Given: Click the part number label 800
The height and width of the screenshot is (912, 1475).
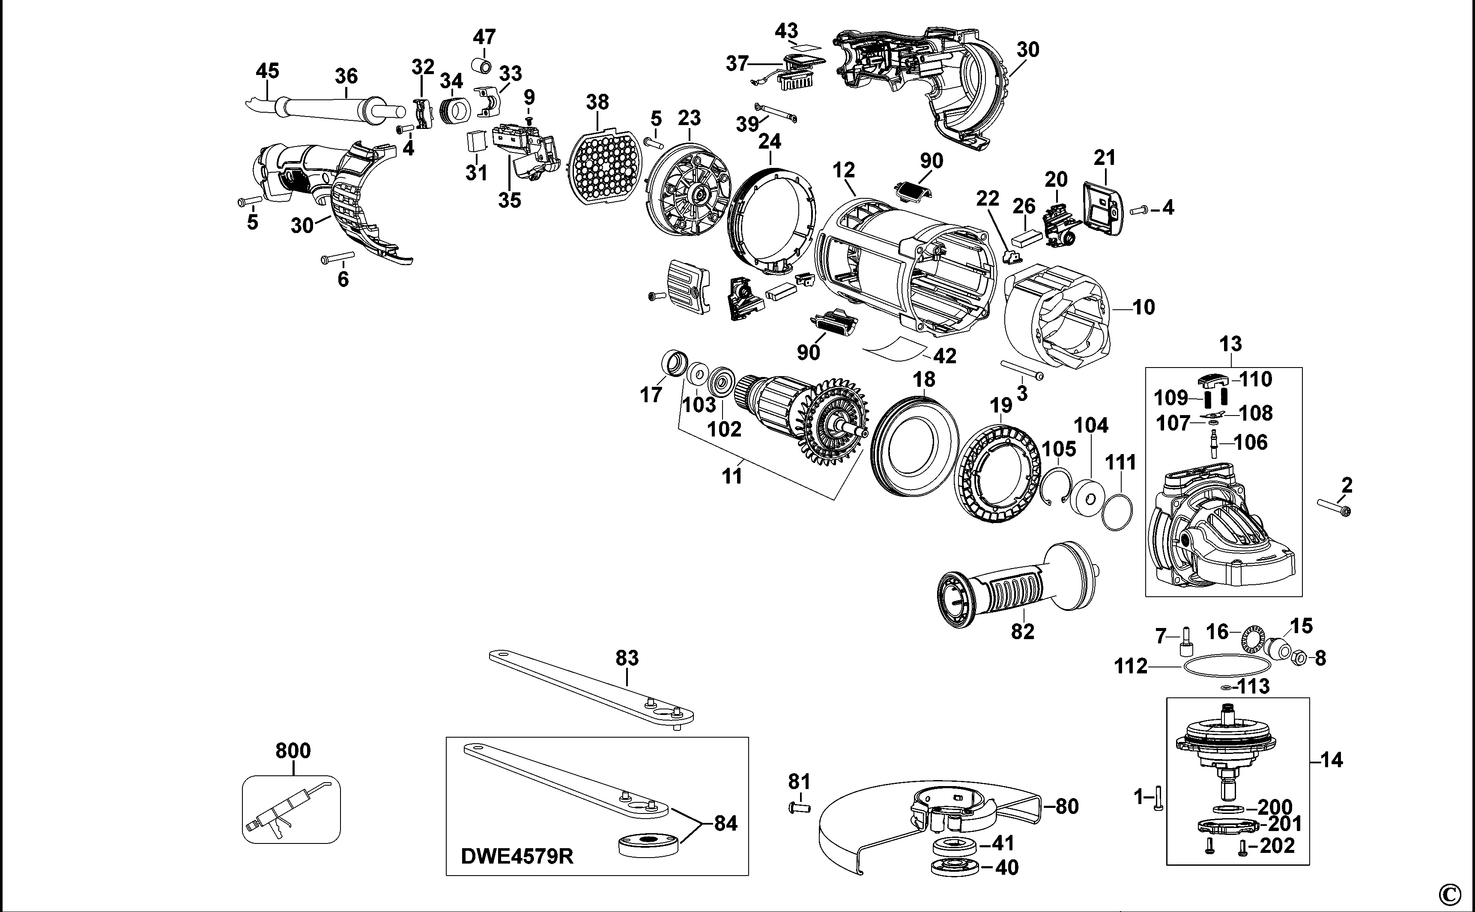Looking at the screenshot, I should [x=293, y=751].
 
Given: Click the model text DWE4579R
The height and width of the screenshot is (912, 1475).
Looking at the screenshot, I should [x=517, y=856].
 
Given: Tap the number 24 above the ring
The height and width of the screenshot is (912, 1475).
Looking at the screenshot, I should [x=770, y=141].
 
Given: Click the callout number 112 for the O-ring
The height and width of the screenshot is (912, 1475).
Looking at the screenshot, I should [x=1131, y=667].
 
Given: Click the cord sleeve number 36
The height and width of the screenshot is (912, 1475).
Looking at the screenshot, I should [x=346, y=76].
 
